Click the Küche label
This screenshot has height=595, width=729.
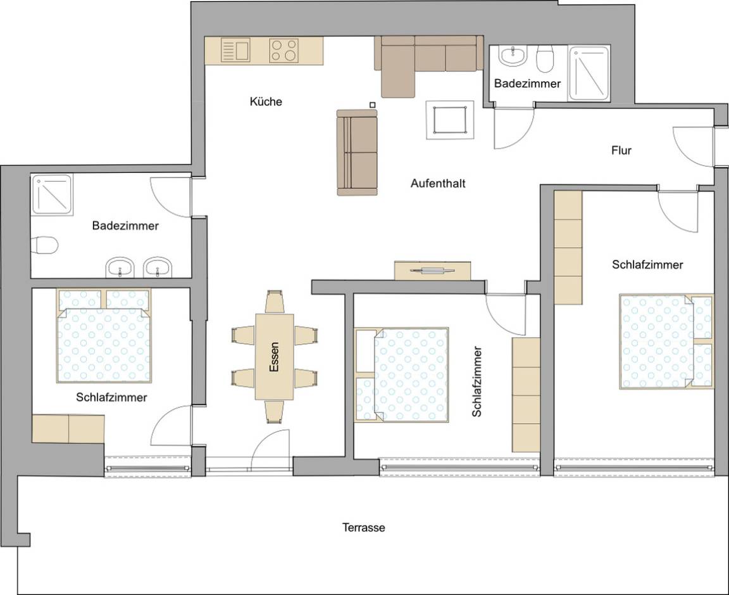(266, 101)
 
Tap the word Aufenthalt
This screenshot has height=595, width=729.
(438, 184)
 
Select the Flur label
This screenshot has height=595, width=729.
(621, 151)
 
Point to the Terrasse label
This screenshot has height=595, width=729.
(363, 527)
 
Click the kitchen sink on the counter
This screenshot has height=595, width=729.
(236, 50)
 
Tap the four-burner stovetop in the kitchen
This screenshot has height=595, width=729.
(283, 51)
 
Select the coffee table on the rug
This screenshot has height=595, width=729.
(450, 119)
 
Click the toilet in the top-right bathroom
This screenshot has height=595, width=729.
(544, 60)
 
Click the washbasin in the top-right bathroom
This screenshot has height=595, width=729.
(513, 56)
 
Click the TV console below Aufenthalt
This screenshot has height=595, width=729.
(433, 271)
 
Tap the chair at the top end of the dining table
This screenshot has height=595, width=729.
(275, 302)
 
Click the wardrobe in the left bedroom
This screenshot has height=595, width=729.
(68, 429)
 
